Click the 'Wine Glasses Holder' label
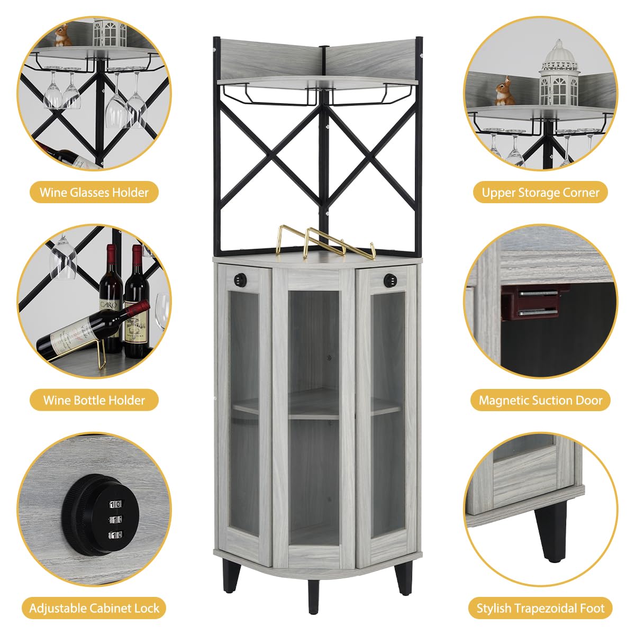pyautogui.click(x=94, y=193)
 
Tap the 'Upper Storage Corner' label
pyautogui.click(x=540, y=193)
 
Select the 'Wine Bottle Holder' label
pyautogui.click(x=94, y=400)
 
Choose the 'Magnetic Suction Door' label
pyautogui.click(x=540, y=400)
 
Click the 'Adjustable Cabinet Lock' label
pyautogui.click(x=94, y=609)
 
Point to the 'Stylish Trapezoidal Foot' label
pyautogui.click(x=540, y=609)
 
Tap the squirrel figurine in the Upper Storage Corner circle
pyautogui.click(x=504, y=92)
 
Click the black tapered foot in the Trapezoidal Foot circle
pyautogui.click(x=550, y=529)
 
